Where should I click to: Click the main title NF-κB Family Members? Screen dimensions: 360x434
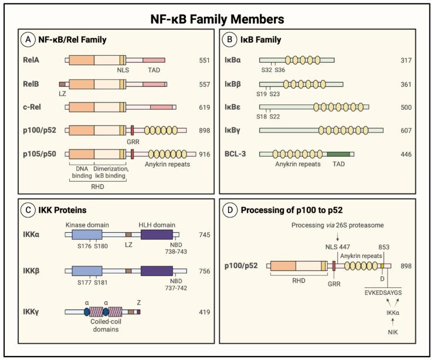tap(216, 19)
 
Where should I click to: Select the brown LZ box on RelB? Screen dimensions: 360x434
tap(63, 84)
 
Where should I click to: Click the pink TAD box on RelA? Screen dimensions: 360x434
tap(154, 60)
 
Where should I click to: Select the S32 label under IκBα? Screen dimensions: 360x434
tap(266, 70)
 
